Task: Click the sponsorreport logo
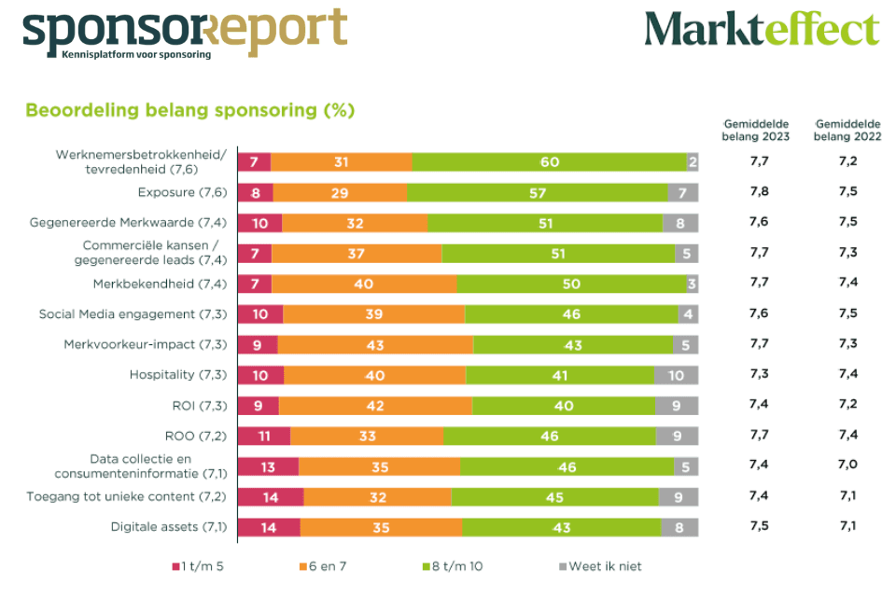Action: click(x=184, y=30)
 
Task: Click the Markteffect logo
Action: click(x=761, y=30)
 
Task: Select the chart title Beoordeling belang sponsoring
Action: click(x=189, y=110)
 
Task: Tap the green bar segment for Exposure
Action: click(x=537, y=192)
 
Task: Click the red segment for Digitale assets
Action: click(x=269, y=527)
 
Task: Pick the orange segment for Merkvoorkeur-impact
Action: click(x=375, y=344)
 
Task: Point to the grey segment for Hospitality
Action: click(x=676, y=375)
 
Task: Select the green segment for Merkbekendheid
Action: click(x=571, y=284)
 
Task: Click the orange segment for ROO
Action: click(x=367, y=436)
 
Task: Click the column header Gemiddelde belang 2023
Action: click(x=755, y=130)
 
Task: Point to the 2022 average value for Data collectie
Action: click(x=847, y=464)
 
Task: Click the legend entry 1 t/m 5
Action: click(x=198, y=566)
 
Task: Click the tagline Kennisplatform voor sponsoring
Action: click(x=135, y=54)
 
